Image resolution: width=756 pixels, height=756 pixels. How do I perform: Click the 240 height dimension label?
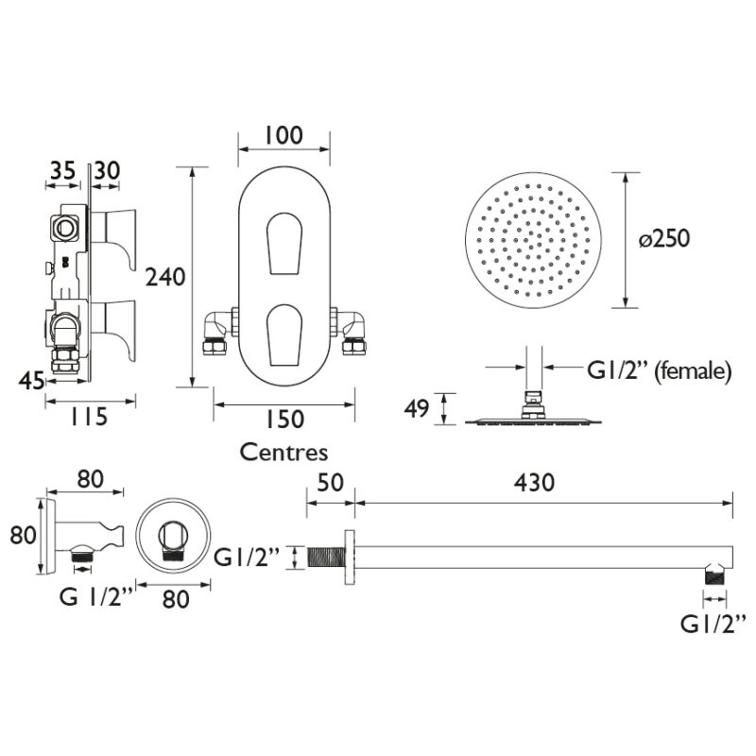[x=165, y=277]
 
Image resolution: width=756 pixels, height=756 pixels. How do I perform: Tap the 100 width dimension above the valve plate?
[x=283, y=135]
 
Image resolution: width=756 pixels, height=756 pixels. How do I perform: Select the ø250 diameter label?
[x=664, y=239]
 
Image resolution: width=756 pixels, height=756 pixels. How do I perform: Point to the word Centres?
[x=284, y=453]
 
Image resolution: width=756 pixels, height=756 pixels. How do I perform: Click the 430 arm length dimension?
[x=534, y=483]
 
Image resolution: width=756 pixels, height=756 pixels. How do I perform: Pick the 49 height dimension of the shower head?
[x=417, y=408]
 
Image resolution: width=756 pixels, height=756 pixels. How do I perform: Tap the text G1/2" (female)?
[x=659, y=371]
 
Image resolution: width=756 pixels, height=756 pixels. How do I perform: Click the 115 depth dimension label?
[x=89, y=417]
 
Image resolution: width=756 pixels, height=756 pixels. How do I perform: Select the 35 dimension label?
[x=62, y=171]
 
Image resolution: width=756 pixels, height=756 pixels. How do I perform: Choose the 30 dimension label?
[x=107, y=171]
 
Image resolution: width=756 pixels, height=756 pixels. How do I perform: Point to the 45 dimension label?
[x=32, y=382]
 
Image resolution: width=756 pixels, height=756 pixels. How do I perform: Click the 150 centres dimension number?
[x=284, y=419]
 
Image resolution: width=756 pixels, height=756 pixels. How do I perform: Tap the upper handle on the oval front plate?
[x=284, y=243]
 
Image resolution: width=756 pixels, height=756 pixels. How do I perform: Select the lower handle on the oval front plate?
[x=284, y=335]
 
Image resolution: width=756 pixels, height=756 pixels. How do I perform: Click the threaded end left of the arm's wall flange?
[x=326, y=558]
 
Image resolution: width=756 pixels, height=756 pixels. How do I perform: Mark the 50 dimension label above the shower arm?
[x=331, y=483]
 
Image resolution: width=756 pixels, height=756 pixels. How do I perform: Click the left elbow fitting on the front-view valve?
[x=217, y=333]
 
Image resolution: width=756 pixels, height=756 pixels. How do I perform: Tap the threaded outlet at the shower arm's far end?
[x=715, y=574]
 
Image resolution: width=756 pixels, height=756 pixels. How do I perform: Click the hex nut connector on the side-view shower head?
[x=533, y=405]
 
